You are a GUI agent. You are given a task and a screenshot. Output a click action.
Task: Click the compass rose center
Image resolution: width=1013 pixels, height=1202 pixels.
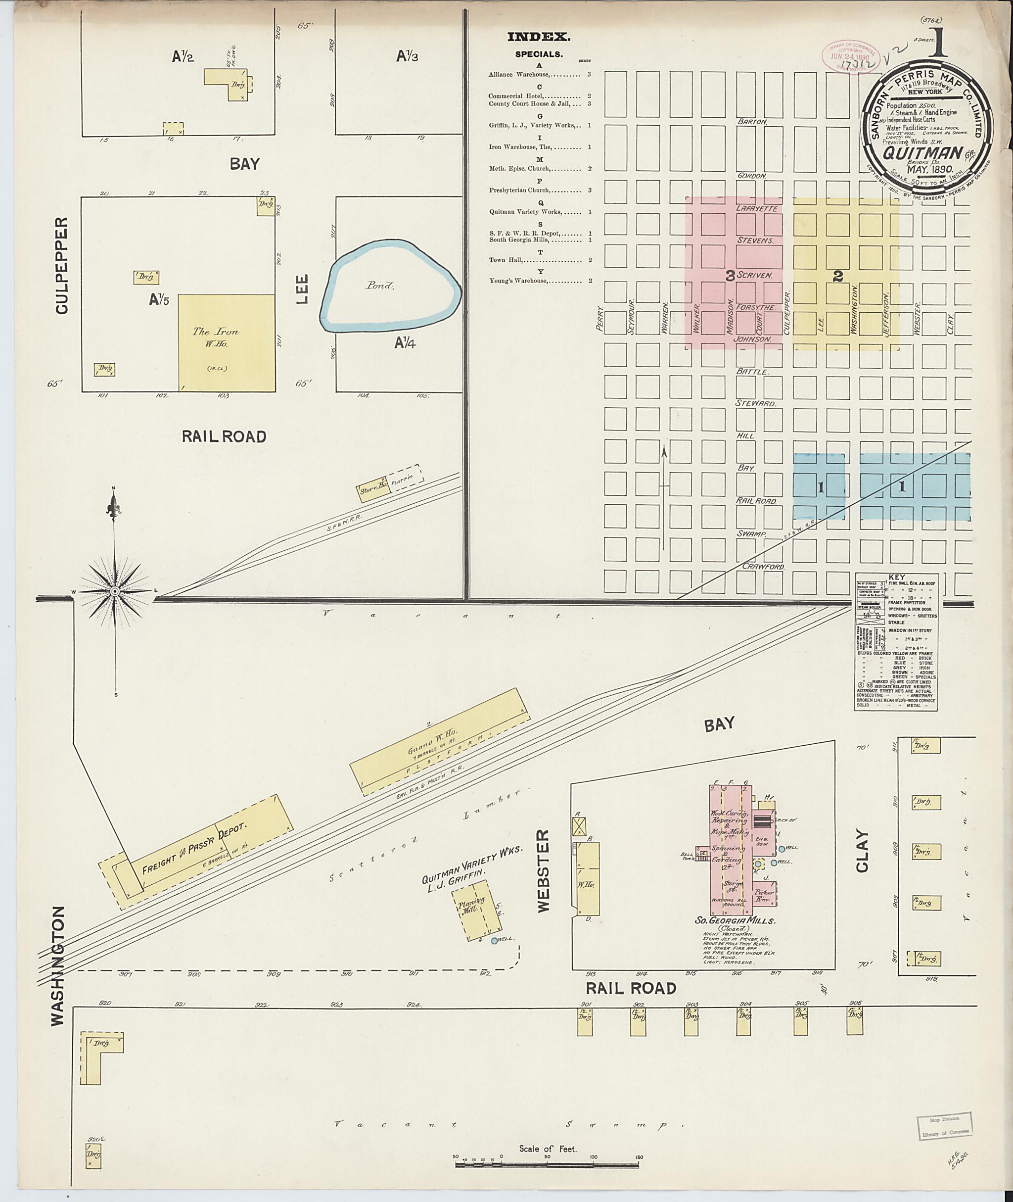tap(115, 591)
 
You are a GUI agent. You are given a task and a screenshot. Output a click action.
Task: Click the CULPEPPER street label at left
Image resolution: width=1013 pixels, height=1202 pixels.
tap(62, 265)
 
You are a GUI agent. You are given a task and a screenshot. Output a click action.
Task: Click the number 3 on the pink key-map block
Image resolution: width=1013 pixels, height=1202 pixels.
tap(730, 276)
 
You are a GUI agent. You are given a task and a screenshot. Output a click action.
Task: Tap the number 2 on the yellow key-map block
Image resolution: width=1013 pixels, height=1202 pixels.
tap(838, 276)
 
